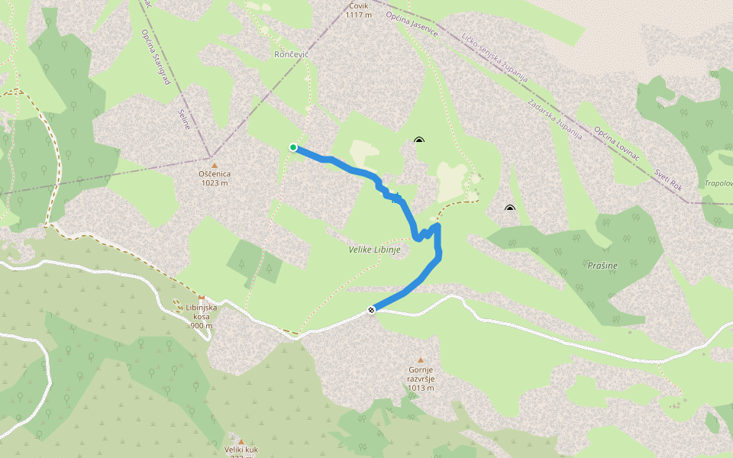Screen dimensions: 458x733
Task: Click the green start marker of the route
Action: click(293, 147)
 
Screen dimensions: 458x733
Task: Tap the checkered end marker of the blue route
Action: click(371, 309)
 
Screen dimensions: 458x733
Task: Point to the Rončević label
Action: click(291, 55)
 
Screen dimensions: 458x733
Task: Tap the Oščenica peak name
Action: click(215, 174)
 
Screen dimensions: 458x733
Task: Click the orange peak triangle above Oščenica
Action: click(215, 165)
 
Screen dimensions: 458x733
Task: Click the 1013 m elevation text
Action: click(421, 388)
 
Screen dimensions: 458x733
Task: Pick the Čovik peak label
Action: click(357, 5)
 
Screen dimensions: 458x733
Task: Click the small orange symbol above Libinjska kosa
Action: click(202, 297)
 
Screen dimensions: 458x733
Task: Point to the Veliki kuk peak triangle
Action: click(241, 441)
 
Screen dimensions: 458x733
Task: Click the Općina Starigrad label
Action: click(155, 56)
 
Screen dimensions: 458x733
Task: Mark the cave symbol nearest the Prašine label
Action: click(510, 208)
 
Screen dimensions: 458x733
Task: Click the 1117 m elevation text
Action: click(357, 15)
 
